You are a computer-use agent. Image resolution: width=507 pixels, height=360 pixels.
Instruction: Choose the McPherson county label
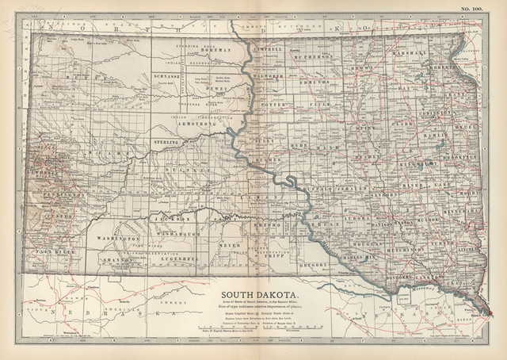(x=307, y=56)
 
